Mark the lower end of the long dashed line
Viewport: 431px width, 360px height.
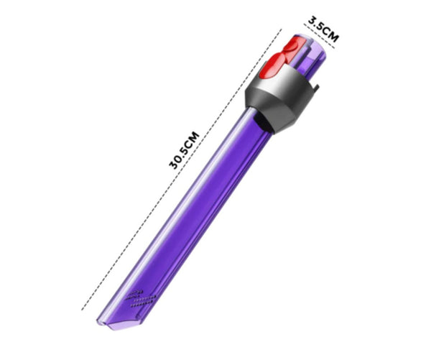pos(83,310)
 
